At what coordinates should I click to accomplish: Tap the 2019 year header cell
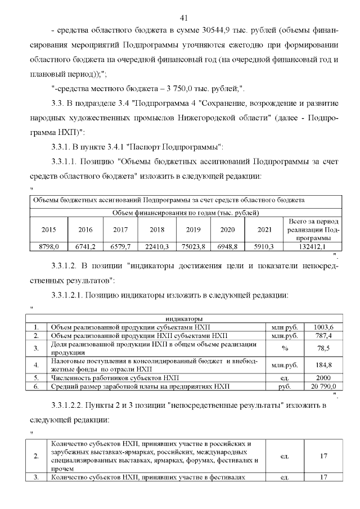pyautogui.click(x=193, y=229)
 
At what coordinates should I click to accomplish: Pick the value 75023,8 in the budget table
pyautogui.click(x=193, y=246)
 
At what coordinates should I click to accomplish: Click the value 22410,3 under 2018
pyautogui.click(x=157, y=246)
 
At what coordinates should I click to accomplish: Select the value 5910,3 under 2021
pyautogui.click(x=264, y=246)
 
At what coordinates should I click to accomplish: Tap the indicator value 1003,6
pyautogui.click(x=324, y=327)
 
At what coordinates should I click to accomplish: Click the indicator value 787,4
pyautogui.click(x=324, y=336)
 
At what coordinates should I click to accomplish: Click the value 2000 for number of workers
pyautogui.click(x=324, y=377)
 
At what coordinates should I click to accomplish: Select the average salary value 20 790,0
pyautogui.click(x=324, y=386)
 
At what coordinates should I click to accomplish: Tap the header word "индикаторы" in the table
pyautogui.click(x=184, y=318)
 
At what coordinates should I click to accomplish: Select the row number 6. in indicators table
pyautogui.click(x=37, y=386)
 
